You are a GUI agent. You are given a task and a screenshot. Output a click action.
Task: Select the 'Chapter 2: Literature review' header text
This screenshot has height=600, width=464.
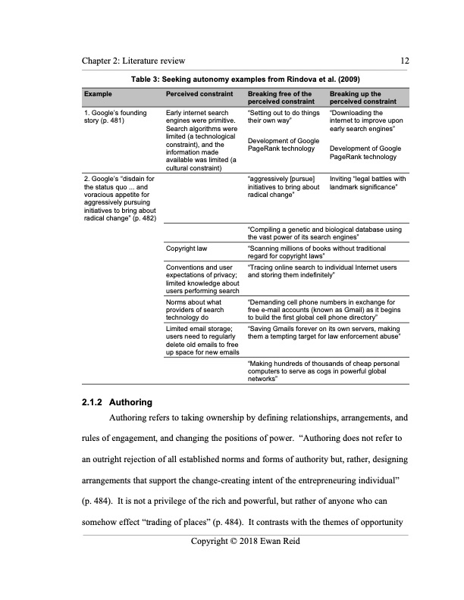tap(134, 61)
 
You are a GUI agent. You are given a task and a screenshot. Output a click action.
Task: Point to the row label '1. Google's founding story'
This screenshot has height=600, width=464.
tap(114, 116)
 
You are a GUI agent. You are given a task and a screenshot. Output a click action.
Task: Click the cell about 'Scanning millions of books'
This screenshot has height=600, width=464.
tap(318, 252)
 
